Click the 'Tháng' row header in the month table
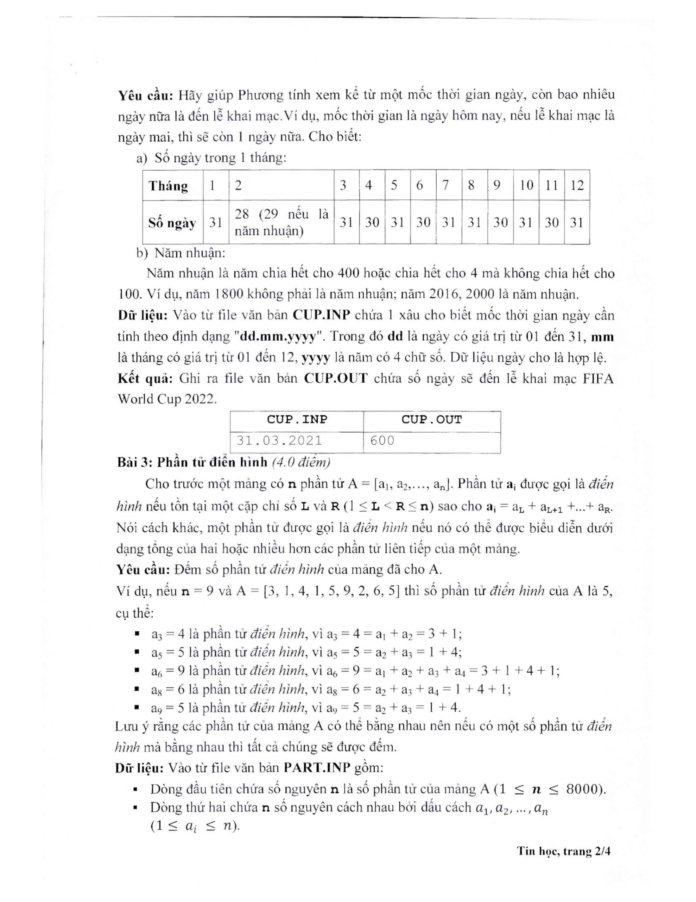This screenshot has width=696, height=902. click(168, 186)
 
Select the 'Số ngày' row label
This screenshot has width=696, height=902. click(172, 223)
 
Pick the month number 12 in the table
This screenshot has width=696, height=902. click(577, 185)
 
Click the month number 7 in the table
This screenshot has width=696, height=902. click(445, 185)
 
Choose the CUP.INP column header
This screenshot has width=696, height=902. click(297, 420)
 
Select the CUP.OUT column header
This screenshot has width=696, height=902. click(431, 420)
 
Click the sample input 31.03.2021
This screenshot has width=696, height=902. click(279, 441)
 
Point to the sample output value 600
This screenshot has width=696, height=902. click(382, 441)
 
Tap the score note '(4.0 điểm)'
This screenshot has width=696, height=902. click(302, 462)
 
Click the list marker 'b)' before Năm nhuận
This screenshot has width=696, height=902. click(142, 253)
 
